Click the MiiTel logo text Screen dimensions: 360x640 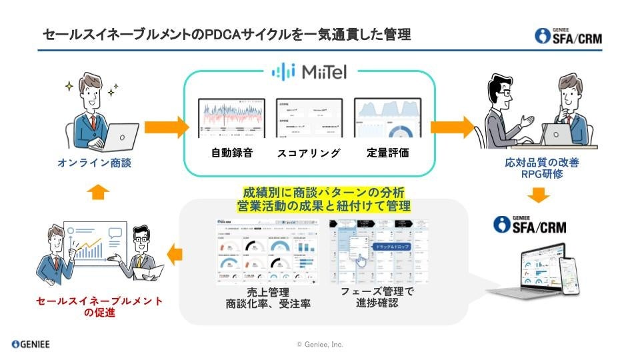[327, 71]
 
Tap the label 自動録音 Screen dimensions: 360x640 [227, 153]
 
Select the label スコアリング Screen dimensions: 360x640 [309, 153]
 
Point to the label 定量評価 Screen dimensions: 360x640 [387, 153]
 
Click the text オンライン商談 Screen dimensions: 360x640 [99, 163]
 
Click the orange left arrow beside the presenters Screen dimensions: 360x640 [175, 253]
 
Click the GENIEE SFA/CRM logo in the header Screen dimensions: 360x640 [569, 36]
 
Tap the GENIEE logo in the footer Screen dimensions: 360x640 [31, 344]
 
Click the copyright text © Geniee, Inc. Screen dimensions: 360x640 [320, 344]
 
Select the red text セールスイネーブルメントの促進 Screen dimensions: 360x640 [99, 307]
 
